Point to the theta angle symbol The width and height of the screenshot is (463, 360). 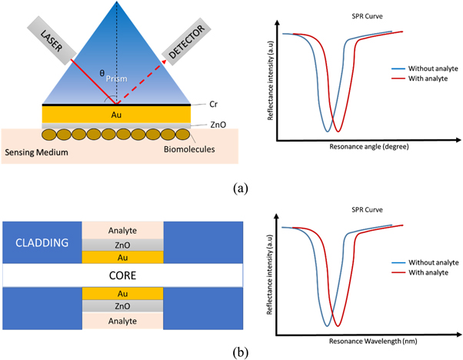click(x=102, y=74)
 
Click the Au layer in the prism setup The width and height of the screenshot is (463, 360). click(x=116, y=113)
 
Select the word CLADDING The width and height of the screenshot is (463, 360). click(x=40, y=242)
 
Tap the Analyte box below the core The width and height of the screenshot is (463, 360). click(x=122, y=319)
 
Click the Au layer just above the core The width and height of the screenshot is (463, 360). click(x=122, y=256)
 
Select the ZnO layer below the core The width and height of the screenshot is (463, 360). click(x=122, y=305)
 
